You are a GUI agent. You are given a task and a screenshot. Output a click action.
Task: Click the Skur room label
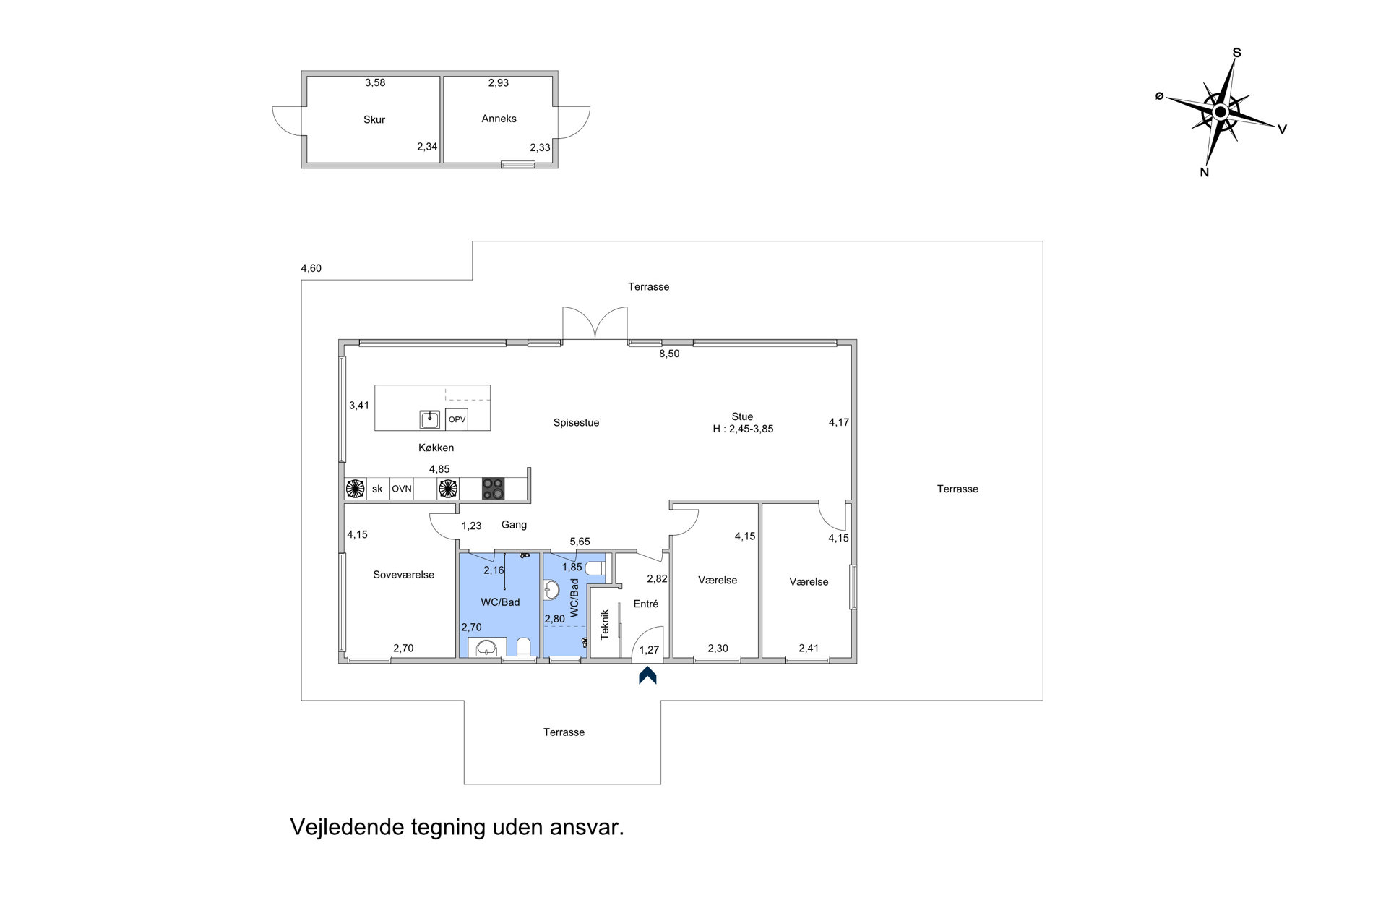tap(374, 120)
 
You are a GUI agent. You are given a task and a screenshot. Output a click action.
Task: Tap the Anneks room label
tap(499, 119)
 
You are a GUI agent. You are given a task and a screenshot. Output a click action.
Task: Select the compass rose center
tap(1221, 112)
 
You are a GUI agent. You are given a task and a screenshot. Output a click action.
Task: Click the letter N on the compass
tap(1205, 172)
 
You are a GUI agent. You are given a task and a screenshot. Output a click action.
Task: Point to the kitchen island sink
tap(430, 419)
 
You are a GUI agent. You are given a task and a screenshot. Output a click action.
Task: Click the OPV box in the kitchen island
tap(457, 419)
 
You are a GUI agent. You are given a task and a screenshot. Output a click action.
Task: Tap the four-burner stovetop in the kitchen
tap(494, 489)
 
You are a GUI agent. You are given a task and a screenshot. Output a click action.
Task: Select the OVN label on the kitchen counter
tap(402, 489)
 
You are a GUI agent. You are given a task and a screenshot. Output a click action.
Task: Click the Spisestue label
tap(576, 423)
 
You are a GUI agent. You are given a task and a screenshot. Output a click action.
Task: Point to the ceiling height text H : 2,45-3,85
tap(743, 429)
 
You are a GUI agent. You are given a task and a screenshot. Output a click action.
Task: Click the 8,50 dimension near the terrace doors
tap(669, 354)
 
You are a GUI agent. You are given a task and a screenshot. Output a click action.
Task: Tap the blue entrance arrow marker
tap(647, 675)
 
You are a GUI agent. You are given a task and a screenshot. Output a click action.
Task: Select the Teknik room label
tap(605, 624)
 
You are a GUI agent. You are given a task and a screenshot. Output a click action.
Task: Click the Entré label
tap(646, 604)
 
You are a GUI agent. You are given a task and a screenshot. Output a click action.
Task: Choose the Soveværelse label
tap(403, 575)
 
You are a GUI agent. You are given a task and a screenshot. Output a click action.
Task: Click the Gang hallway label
tap(514, 525)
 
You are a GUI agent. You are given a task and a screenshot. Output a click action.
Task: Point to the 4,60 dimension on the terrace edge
tap(311, 268)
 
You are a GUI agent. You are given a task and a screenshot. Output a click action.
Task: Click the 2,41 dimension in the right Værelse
tap(809, 648)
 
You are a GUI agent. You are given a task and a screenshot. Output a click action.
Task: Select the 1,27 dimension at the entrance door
tap(649, 650)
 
